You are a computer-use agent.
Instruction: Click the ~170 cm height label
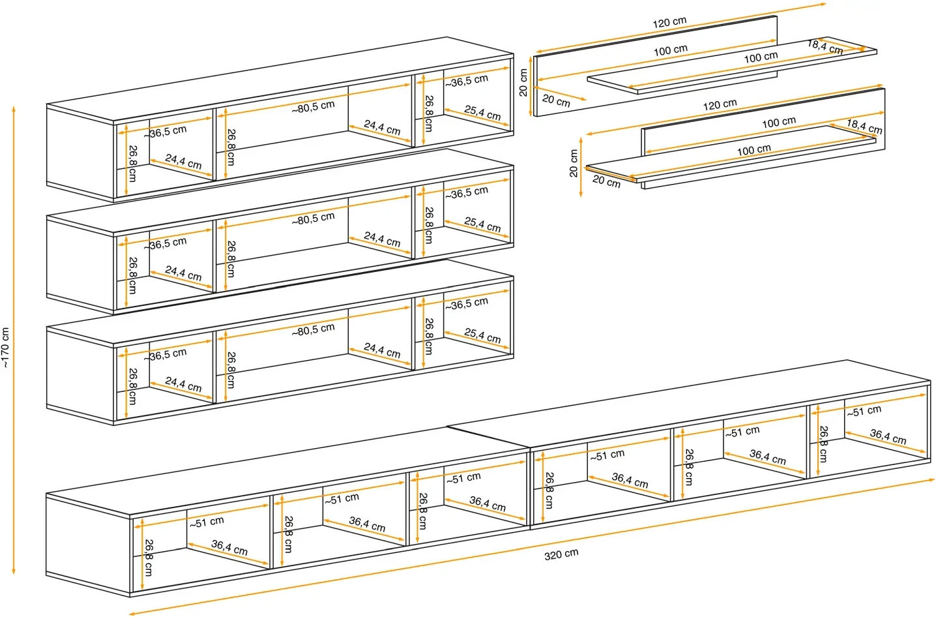(x=5, y=348)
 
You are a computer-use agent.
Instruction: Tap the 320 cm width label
(x=561, y=554)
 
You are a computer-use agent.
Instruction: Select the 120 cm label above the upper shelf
(x=669, y=23)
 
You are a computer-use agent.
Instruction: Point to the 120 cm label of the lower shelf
(x=720, y=104)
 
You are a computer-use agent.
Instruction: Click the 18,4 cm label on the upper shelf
(x=825, y=47)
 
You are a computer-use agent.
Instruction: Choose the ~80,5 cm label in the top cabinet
(x=313, y=107)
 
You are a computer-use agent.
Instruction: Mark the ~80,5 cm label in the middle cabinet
(x=313, y=218)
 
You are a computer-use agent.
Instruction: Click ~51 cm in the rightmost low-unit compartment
(x=864, y=411)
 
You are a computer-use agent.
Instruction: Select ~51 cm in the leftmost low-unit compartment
(x=207, y=522)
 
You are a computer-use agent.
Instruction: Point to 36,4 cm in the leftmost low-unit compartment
(x=229, y=547)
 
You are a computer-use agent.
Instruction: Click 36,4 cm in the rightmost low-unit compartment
(x=888, y=436)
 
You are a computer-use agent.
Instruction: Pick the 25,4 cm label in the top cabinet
(x=482, y=113)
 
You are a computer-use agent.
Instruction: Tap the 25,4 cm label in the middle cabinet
(x=482, y=224)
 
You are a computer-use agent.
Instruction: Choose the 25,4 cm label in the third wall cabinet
(x=482, y=336)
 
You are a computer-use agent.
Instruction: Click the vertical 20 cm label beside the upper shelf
(x=523, y=83)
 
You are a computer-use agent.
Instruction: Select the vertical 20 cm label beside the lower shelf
(x=574, y=163)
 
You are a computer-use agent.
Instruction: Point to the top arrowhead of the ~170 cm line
(x=14, y=106)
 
